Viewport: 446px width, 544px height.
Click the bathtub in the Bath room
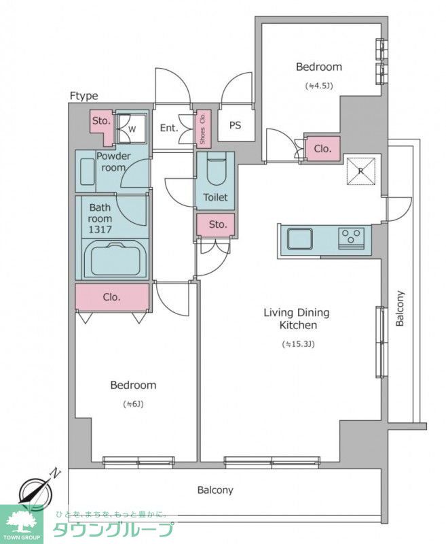click(x=115, y=258)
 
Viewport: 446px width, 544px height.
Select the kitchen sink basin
click(x=300, y=239)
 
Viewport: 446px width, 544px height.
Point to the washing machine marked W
click(x=130, y=128)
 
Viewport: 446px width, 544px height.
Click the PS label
click(x=235, y=125)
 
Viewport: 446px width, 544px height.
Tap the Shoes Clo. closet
click(x=202, y=128)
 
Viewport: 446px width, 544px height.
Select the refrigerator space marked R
click(x=361, y=171)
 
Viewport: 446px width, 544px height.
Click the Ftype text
click(x=83, y=96)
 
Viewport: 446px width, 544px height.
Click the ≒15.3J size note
click(x=298, y=345)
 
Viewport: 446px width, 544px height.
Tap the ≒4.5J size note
click(x=319, y=86)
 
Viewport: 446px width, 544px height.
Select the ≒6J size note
click(x=133, y=404)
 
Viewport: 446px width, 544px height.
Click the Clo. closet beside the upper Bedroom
click(x=322, y=148)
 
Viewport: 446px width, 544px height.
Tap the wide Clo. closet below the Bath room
click(x=112, y=297)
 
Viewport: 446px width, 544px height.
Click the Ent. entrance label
click(x=169, y=128)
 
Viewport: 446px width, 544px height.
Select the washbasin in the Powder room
click(x=88, y=171)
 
